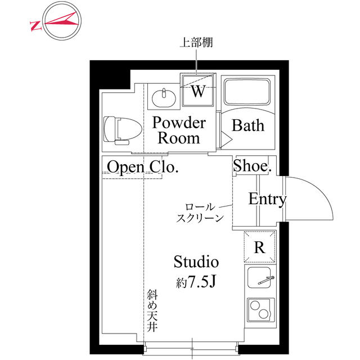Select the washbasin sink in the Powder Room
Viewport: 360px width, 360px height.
click(164, 98)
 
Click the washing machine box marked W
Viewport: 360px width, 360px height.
click(198, 90)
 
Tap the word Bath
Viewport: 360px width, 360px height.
click(248, 125)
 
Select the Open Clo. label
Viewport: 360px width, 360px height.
click(143, 166)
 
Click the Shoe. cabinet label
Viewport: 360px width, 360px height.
click(253, 166)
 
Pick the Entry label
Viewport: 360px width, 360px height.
click(267, 199)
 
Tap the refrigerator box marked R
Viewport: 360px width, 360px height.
click(259, 247)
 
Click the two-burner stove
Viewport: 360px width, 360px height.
click(259, 310)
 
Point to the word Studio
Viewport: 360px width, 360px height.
click(196, 262)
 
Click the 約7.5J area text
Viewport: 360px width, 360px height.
click(196, 282)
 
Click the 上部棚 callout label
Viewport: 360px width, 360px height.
click(195, 42)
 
